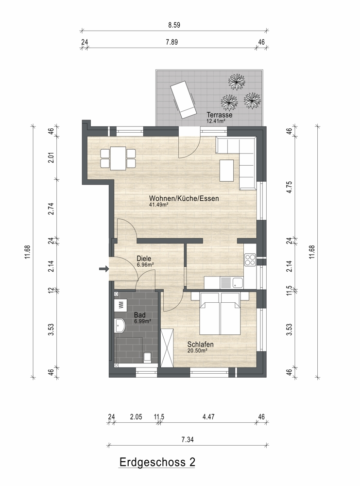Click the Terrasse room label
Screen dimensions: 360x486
point(219,115)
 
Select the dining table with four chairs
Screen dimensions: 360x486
point(118,158)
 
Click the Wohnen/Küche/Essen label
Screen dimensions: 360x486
point(184,198)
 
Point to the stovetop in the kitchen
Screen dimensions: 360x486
point(250,260)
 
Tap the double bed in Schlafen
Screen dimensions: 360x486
point(220,313)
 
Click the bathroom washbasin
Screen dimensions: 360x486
point(120,326)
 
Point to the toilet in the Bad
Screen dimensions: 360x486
point(147,357)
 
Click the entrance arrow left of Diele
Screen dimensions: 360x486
point(104,269)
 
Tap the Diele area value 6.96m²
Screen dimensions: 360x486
point(146,265)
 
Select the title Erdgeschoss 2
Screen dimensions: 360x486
point(157,462)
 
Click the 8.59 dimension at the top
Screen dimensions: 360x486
point(174,25)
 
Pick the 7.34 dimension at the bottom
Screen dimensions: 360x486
point(188,439)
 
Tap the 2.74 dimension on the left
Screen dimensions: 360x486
point(51,208)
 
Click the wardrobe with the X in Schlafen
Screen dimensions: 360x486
point(167,347)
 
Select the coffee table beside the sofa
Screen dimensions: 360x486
point(227,170)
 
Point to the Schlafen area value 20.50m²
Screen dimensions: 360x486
point(197,350)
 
